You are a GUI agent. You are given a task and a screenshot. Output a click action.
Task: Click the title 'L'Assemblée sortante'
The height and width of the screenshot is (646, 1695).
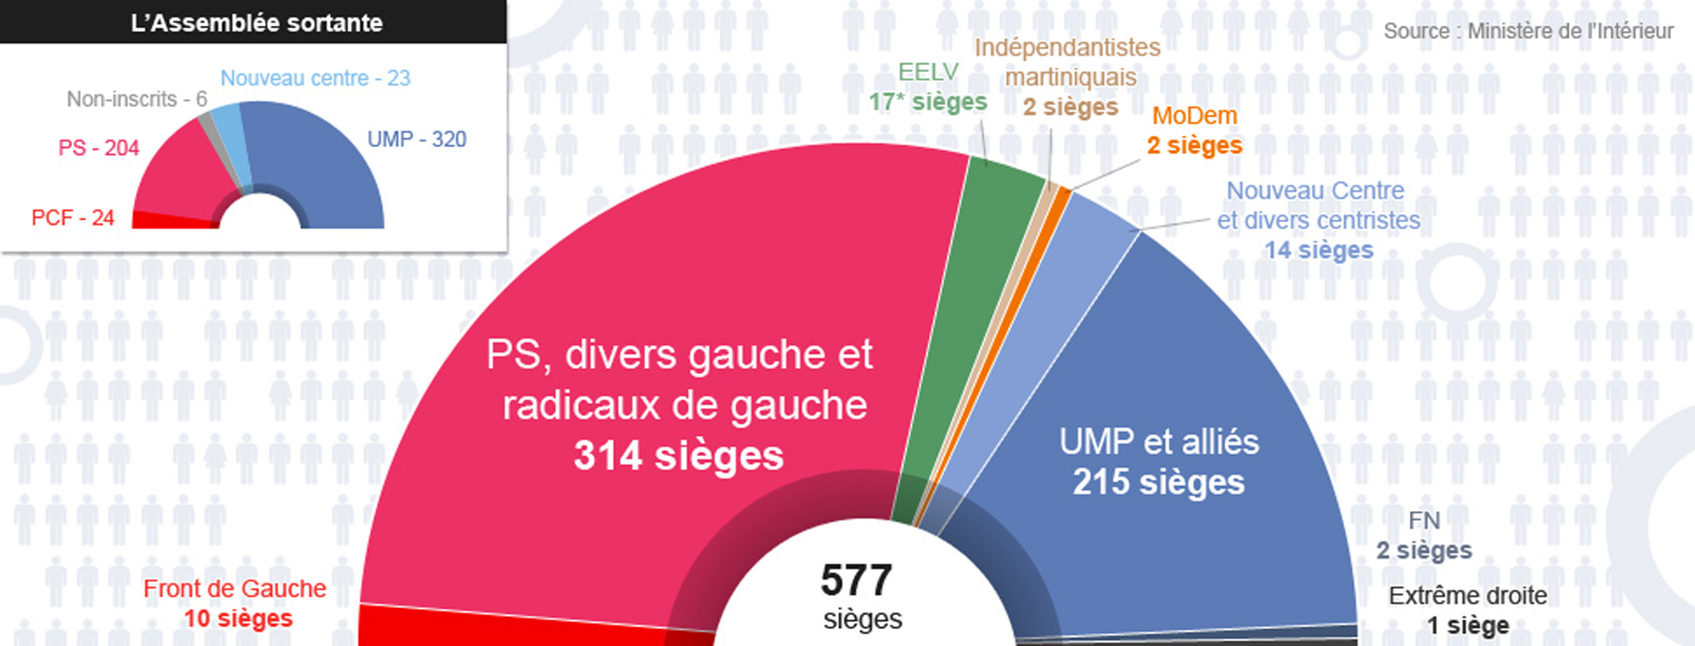pos(256,23)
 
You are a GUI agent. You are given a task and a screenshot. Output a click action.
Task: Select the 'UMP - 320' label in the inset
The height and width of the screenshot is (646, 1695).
pos(416,140)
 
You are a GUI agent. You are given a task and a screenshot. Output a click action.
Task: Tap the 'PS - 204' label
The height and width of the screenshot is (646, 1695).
pos(99,148)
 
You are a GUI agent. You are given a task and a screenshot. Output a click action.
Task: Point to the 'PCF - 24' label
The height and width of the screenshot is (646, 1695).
pos(73,218)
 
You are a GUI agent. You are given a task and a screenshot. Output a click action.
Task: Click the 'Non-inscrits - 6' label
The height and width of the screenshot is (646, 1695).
pos(137,99)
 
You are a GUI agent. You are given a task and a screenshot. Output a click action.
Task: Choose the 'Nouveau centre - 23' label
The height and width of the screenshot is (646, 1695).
pos(315,78)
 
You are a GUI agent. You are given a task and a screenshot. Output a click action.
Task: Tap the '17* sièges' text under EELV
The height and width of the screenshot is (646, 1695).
pos(928,103)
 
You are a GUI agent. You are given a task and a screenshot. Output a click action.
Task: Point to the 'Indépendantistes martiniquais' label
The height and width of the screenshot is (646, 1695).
pos(1069,62)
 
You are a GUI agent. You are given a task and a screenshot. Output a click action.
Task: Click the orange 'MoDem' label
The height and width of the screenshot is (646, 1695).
pos(1194,116)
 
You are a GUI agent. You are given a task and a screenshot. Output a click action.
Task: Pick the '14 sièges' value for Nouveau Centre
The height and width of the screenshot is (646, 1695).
pos(1318,250)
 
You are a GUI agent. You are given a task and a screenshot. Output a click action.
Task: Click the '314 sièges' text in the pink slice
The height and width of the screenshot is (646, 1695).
pos(678,455)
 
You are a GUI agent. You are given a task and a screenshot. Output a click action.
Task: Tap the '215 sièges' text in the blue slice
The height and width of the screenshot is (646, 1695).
pos(1158,482)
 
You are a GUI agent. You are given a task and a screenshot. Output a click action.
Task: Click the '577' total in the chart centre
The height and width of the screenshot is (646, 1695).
pos(856,580)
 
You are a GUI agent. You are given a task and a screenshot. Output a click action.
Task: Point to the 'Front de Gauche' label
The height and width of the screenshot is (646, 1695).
pos(234,589)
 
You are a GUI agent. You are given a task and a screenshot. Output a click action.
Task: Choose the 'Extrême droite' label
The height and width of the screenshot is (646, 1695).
pos(1468,596)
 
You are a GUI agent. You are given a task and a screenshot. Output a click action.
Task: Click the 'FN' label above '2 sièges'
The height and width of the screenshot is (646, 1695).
pos(1424,521)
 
